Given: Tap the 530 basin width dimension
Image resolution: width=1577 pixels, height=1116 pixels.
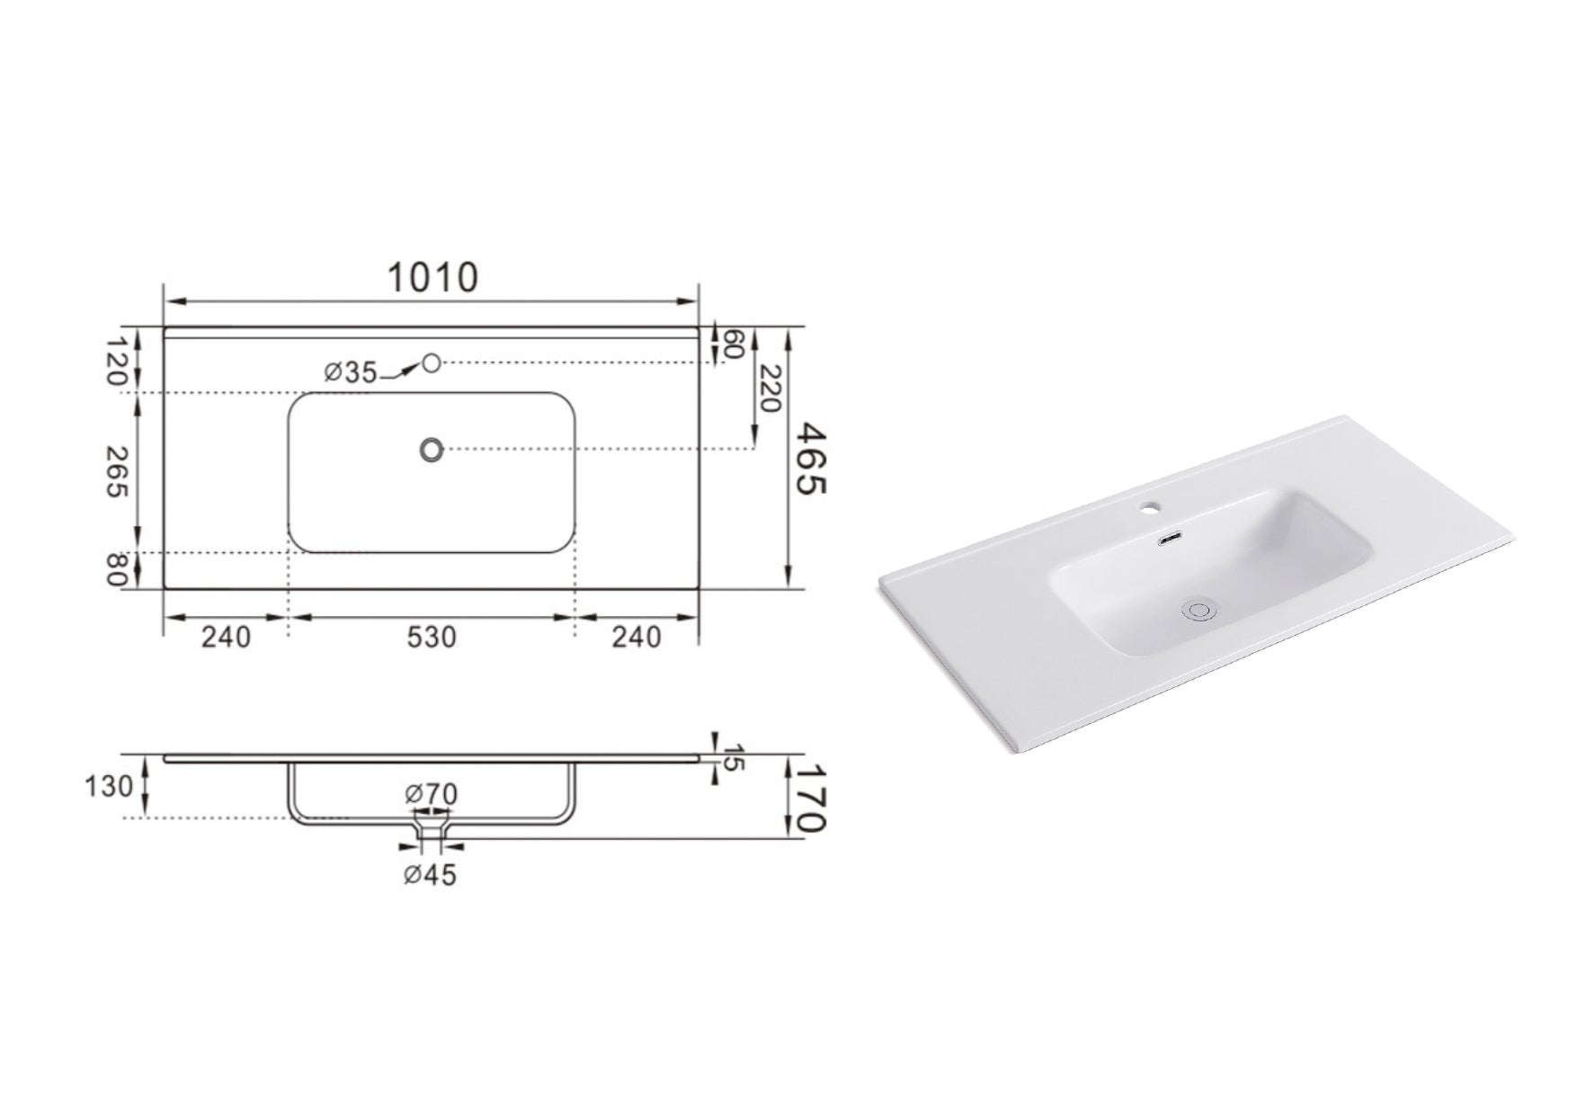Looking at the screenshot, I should [432, 637].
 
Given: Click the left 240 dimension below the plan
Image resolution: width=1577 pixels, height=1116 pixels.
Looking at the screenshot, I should [225, 637].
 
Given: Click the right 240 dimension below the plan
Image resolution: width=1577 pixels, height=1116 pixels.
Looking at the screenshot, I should [637, 637].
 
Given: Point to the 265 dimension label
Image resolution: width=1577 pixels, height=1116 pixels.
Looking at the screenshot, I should [118, 471].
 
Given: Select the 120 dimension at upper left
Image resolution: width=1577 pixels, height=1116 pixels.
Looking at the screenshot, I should [118, 362].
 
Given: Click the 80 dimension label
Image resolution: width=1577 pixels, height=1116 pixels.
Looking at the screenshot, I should [118, 570].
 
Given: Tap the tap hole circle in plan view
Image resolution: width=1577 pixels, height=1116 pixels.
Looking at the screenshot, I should [432, 362].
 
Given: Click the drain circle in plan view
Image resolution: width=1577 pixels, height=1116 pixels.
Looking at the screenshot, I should [432, 449].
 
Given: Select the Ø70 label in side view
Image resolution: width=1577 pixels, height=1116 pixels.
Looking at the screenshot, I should [432, 794].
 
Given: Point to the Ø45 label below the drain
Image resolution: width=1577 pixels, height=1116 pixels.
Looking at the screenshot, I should [430, 873].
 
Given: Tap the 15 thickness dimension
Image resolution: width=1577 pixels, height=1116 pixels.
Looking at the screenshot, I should [734, 757].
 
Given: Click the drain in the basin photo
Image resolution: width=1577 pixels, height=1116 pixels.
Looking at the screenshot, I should [1198, 609].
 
